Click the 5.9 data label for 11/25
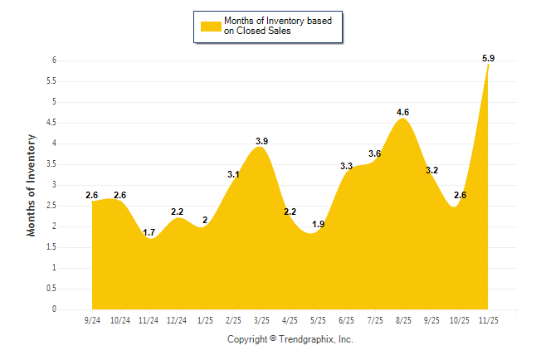(x=488, y=58)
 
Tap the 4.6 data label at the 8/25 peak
(x=403, y=112)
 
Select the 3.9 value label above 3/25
(x=261, y=141)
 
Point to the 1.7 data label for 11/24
(x=149, y=232)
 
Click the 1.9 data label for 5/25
(x=318, y=225)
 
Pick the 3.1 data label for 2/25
(x=233, y=174)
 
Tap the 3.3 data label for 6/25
(x=347, y=167)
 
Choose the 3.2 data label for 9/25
(x=431, y=170)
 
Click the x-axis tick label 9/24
(x=92, y=320)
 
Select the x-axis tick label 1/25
(x=205, y=320)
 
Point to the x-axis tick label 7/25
(x=375, y=320)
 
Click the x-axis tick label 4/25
(x=290, y=320)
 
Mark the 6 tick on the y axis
(x=53, y=61)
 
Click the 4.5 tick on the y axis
(x=51, y=123)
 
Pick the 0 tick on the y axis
(x=53, y=309)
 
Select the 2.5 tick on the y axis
(x=51, y=206)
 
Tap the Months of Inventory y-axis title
(x=32, y=185)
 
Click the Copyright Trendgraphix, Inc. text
(x=290, y=339)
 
